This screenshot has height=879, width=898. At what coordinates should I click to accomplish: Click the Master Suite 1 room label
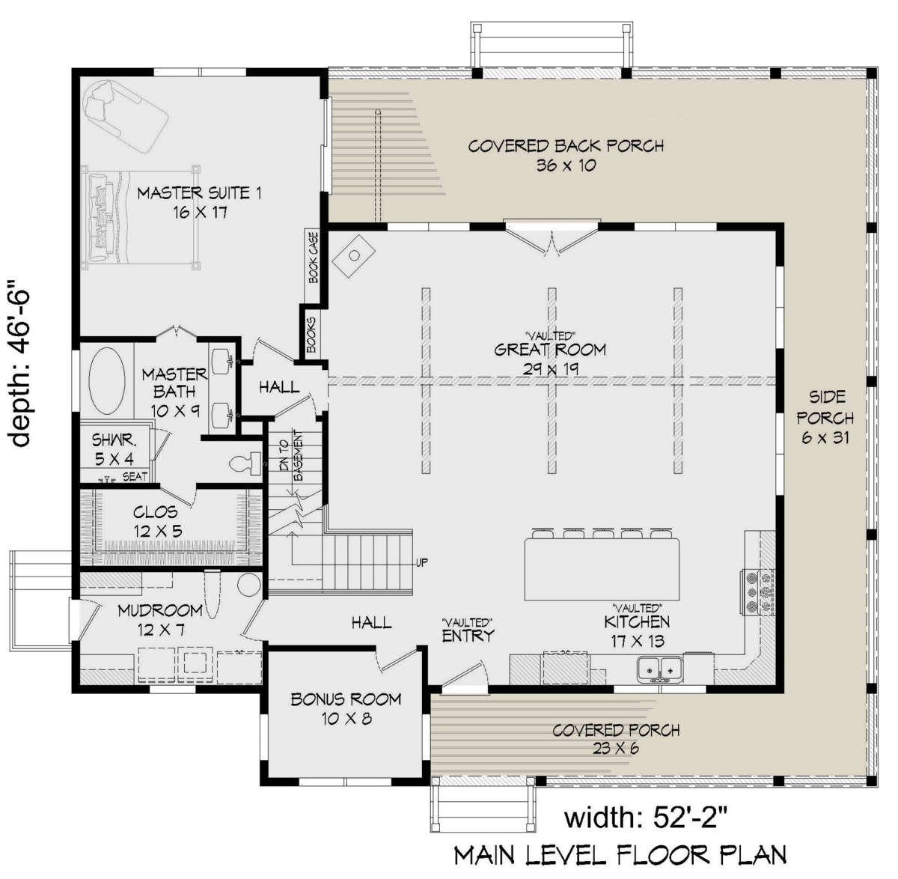tap(199, 193)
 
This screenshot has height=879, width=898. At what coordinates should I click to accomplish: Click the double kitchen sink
tap(660, 670)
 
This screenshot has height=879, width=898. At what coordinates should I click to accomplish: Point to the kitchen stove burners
tap(757, 593)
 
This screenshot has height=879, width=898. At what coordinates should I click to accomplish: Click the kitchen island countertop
tap(602, 569)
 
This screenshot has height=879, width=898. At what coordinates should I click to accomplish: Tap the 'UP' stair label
tap(422, 562)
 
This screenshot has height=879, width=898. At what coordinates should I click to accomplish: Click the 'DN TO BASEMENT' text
tap(291, 456)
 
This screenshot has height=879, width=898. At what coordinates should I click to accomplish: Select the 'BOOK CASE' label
tap(314, 258)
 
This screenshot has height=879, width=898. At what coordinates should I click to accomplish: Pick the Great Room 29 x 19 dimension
tap(551, 369)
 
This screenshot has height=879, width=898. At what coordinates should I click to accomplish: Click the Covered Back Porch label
tap(566, 146)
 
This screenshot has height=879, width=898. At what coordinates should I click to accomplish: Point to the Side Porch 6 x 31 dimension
tap(825, 437)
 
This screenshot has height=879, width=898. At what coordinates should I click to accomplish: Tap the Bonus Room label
tap(346, 699)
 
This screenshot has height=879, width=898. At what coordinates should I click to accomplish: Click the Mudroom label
tap(160, 611)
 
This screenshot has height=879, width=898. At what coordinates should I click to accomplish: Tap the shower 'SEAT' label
tap(135, 477)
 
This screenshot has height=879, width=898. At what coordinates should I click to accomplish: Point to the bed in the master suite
tap(141, 217)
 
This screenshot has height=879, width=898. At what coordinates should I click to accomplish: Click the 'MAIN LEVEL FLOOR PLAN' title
tap(620, 855)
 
